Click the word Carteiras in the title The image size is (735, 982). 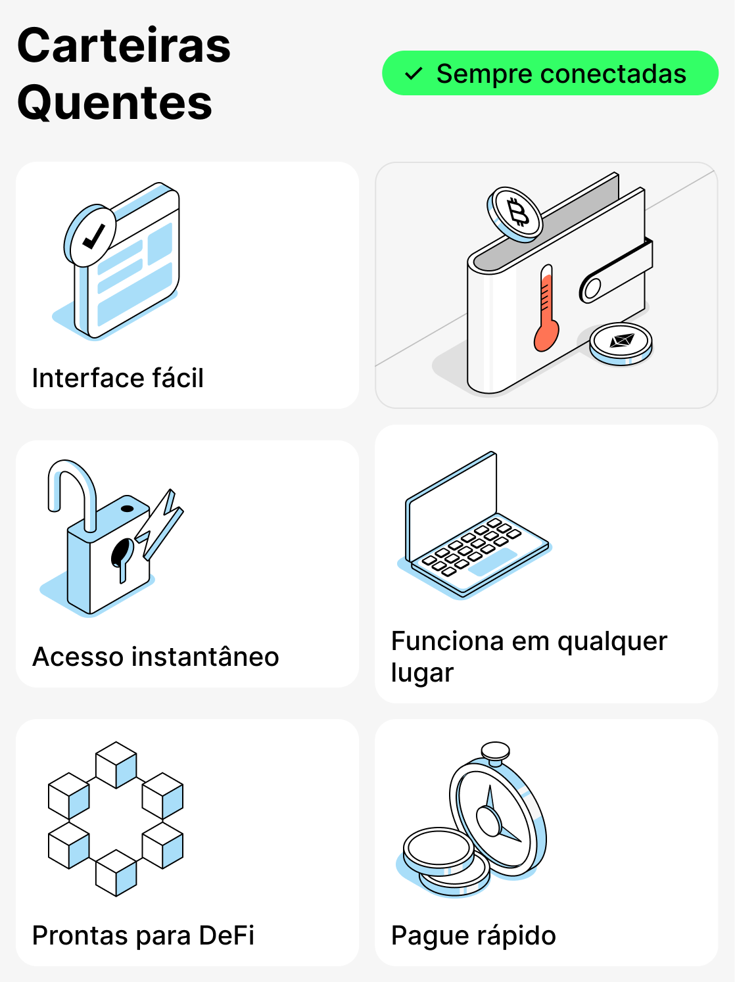[124, 46]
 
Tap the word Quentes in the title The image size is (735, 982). [115, 103]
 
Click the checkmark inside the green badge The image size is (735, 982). [413, 74]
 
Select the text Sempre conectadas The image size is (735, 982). [561, 74]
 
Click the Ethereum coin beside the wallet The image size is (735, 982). [621, 342]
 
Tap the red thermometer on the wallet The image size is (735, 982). [546, 310]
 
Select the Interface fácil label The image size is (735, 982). [118, 378]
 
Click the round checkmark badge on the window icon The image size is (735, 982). [91, 235]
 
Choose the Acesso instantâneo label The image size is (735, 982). [156, 657]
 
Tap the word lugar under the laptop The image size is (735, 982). [422, 673]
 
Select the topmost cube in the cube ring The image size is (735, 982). [116, 764]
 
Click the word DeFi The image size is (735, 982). [226, 935]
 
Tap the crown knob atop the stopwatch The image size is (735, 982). [495, 751]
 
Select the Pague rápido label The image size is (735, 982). [473, 935]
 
